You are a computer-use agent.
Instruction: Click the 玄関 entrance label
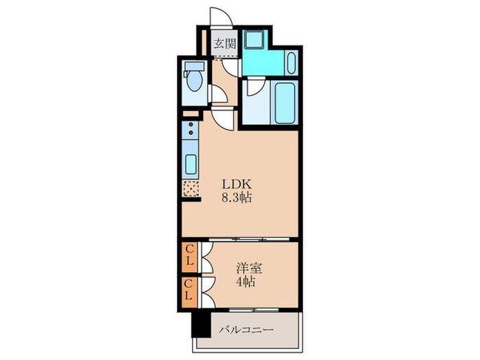tap(225, 44)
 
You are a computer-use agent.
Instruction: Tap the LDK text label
tap(237, 184)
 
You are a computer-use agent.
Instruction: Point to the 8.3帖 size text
tap(237, 197)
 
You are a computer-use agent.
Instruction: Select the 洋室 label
tap(249, 269)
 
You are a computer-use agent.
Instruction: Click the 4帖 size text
tap(245, 282)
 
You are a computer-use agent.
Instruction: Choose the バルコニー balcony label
tap(246, 330)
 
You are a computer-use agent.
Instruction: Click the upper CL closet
tap(189, 256)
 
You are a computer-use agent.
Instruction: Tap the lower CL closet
tap(189, 292)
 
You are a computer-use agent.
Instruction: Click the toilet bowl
tap(195, 80)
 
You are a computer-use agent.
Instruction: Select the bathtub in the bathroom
tap(285, 102)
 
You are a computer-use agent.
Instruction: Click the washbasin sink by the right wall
tap(291, 63)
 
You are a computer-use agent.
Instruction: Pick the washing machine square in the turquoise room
tap(253, 39)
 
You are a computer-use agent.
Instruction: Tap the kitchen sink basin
tap(191, 165)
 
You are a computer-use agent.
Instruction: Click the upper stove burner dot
tap(191, 125)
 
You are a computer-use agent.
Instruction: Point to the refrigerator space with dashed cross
tap(191, 189)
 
